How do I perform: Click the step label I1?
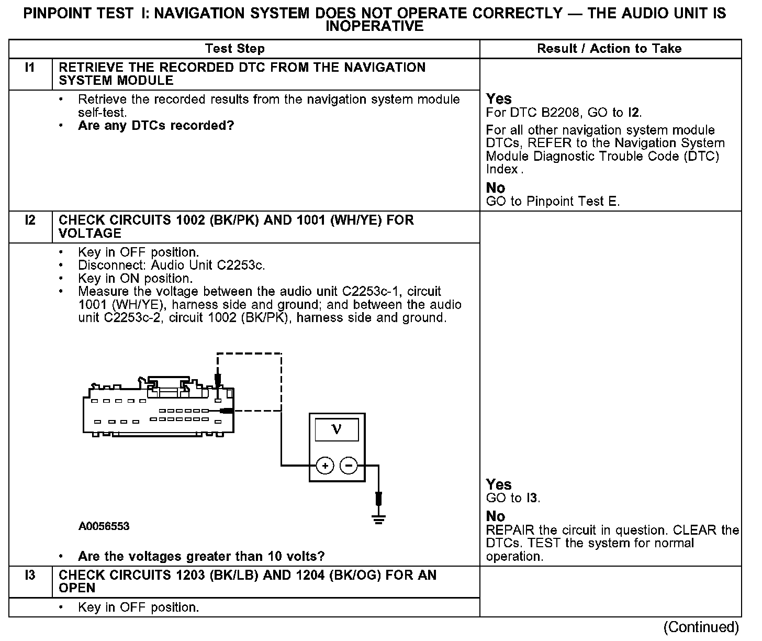pyautogui.click(x=30, y=68)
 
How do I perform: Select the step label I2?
pyautogui.click(x=30, y=220)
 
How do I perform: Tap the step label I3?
pyautogui.click(x=30, y=576)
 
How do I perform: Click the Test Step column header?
pyautogui.click(x=235, y=49)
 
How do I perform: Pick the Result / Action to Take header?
pyautogui.click(x=609, y=49)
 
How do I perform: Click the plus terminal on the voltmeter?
pyautogui.click(x=325, y=465)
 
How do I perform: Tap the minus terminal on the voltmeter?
pyautogui.click(x=349, y=465)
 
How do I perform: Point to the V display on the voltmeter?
pyautogui.click(x=337, y=429)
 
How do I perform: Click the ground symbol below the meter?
pyautogui.click(x=378, y=518)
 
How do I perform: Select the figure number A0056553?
pyautogui.click(x=104, y=526)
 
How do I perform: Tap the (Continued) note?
pyautogui.click(x=701, y=627)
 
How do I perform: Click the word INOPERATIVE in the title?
pyautogui.click(x=375, y=26)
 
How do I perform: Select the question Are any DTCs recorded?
pyautogui.click(x=156, y=126)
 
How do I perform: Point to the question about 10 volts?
pyautogui.click(x=201, y=556)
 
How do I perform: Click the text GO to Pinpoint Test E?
pyautogui.click(x=553, y=202)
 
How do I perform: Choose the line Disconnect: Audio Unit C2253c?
pyautogui.click(x=171, y=266)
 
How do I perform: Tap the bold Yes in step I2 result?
pyautogui.click(x=499, y=484)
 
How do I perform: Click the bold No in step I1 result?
pyautogui.click(x=496, y=188)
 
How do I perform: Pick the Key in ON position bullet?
pyautogui.click(x=135, y=279)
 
